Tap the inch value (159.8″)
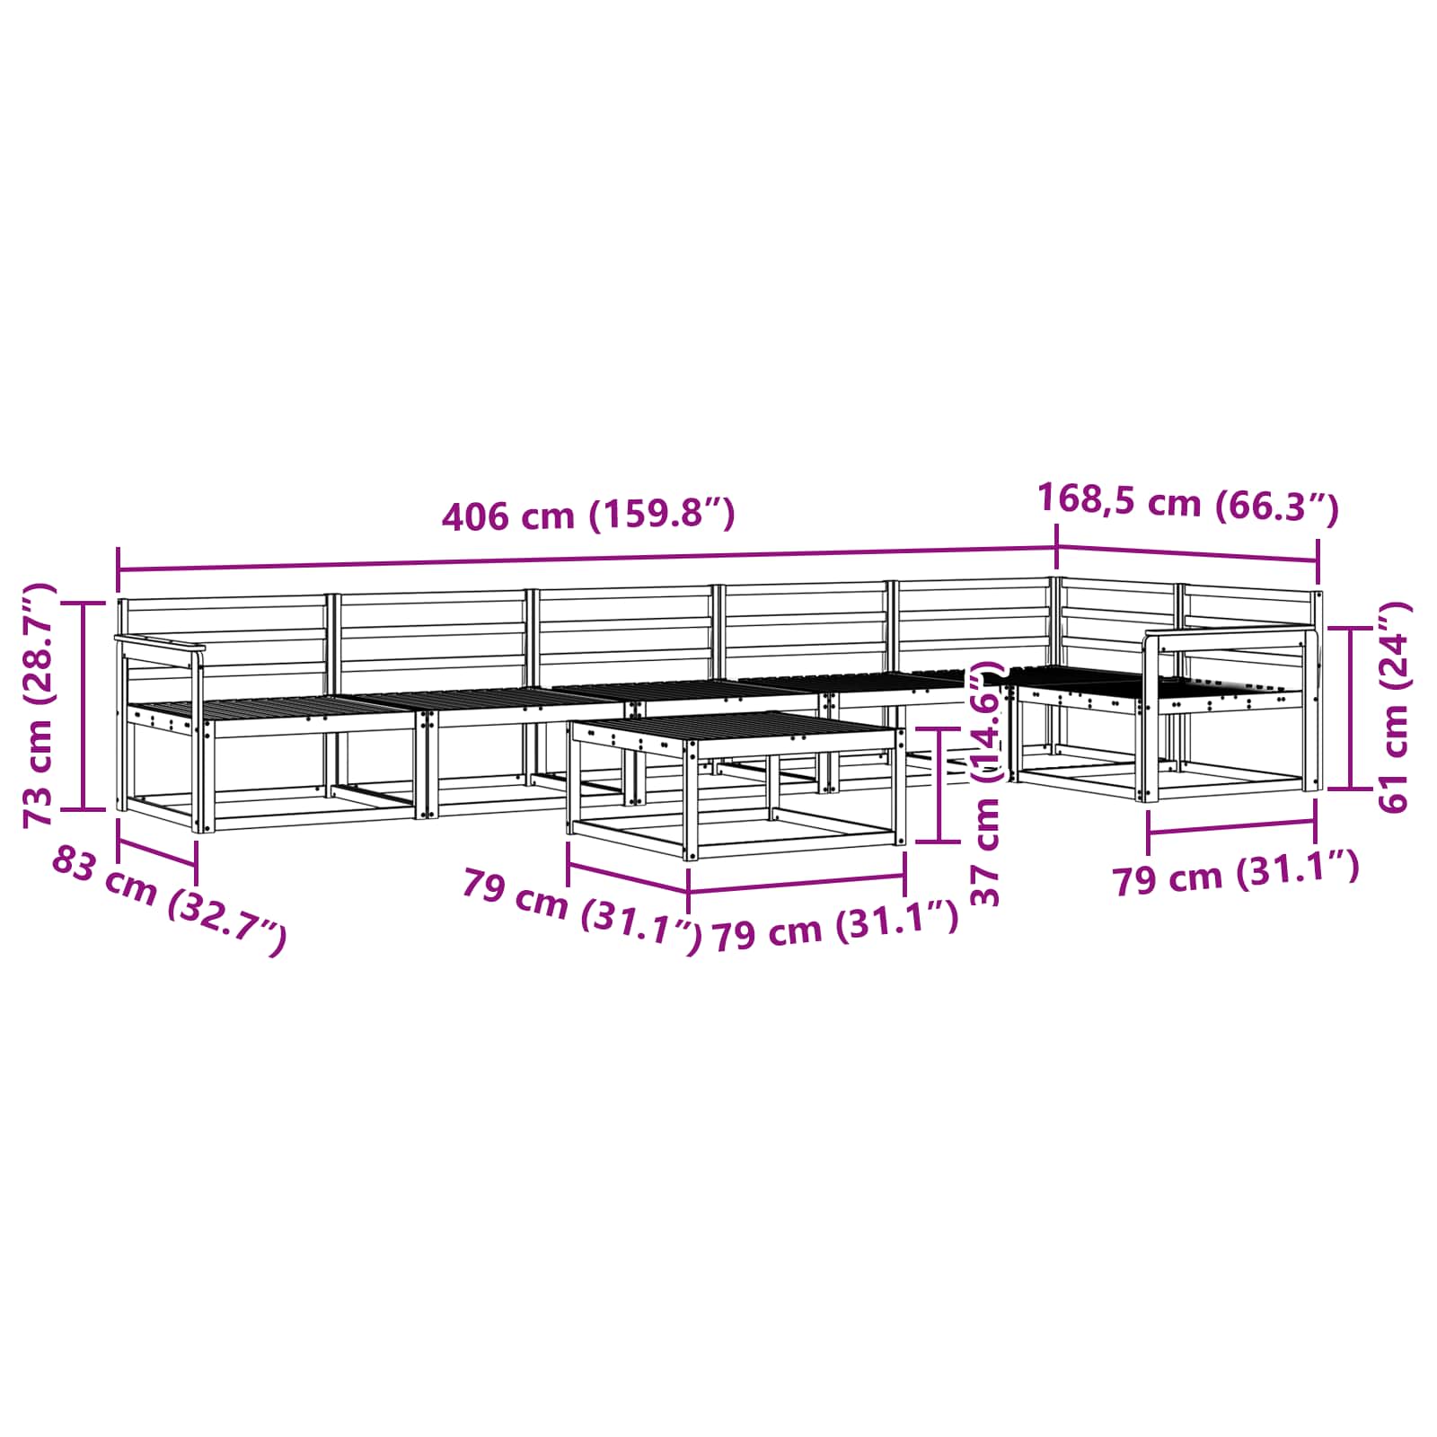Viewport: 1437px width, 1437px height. pyautogui.click(x=662, y=515)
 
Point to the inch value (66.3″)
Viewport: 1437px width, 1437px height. pyautogui.click(x=1276, y=507)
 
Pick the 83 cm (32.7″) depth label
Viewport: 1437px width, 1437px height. pyautogui.click(x=169, y=900)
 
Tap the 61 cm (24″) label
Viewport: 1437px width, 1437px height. pyautogui.click(x=1394, y=708)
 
